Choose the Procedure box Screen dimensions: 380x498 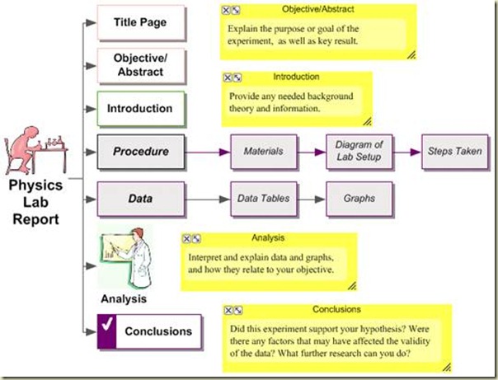click(x=140, y=152)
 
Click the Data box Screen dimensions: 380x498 click(x=140, y=199)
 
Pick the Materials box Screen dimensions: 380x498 click(x=263, y=152)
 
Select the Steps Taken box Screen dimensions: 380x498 click(x=454, y=152)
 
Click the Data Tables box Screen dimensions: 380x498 click(x=263, y=199)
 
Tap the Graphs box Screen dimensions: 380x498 click(x=359, y=199)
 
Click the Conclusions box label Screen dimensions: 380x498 click(x=158, y=332)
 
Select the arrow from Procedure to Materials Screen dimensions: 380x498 click(x=206, y=152)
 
